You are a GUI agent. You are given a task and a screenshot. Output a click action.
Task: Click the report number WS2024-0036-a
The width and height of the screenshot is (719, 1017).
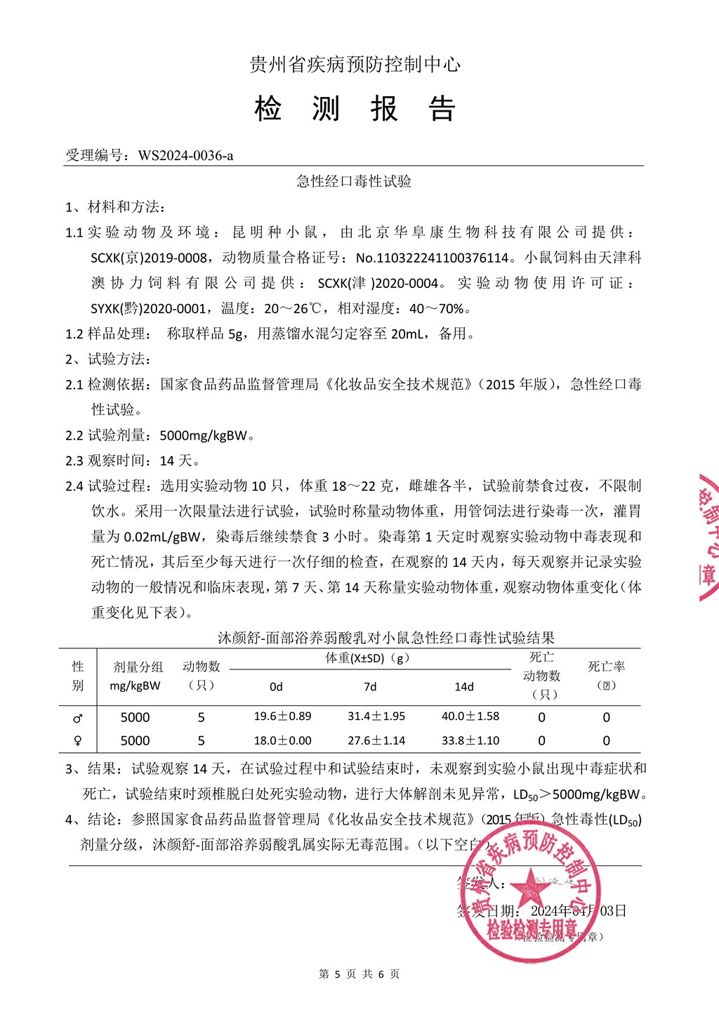pos(185,155)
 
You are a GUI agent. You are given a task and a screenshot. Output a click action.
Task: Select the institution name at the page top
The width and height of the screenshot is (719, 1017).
pos(355,65)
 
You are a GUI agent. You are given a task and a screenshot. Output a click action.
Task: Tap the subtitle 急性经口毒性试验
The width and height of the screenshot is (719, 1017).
pos(354,181)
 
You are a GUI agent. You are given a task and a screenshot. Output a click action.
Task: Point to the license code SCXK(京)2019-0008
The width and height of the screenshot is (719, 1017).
pos(149,258)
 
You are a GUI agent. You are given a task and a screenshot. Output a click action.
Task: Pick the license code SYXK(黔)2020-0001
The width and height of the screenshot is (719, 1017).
pos(149,308)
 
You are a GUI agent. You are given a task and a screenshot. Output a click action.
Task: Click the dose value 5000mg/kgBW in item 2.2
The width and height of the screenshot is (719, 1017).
pos(204,435)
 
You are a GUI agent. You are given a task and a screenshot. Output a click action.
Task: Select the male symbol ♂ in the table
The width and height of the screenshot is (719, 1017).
pos(78,718)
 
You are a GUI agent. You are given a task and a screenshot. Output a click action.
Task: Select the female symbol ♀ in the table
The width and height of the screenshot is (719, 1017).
pos(78,741)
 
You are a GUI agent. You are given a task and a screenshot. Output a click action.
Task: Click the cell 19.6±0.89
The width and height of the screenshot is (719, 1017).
pos(282,716)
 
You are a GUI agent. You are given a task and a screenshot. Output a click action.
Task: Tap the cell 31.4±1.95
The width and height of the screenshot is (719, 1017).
pos(376,716)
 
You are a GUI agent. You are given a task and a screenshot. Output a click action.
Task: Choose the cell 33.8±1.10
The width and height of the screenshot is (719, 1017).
pos(470,740)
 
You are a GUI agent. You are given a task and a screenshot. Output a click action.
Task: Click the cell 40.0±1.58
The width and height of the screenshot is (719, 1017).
pos(470,716)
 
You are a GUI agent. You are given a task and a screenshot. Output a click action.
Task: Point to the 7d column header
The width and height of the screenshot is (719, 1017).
pos(370,687)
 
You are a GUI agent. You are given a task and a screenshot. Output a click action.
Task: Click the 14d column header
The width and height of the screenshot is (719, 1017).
pos(464,687)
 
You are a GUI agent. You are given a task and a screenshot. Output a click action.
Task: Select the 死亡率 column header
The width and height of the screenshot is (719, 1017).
pos(607,667)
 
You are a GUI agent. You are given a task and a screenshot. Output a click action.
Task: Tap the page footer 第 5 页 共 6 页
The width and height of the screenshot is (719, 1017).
pos(359,974)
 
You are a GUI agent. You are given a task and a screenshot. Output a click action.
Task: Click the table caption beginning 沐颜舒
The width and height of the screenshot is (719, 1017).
pos(386,638)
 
